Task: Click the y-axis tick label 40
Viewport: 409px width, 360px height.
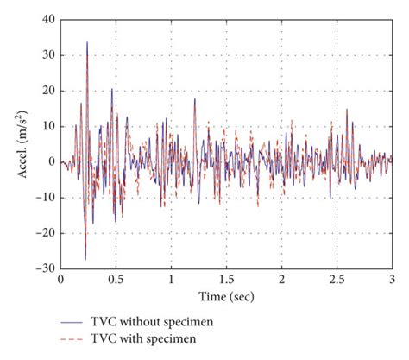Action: [x=47, y=19]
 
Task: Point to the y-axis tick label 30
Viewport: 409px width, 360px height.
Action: [x=47, y=54]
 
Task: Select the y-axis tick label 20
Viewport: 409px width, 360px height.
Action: [x=47, y=91]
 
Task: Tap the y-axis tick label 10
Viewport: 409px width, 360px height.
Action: [x=47, y=126]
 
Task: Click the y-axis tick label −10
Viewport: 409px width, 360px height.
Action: [x=45, y=198]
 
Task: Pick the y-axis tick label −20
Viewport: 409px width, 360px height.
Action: [x=45, y=233]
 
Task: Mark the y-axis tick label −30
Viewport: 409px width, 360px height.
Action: [x=45, y=268]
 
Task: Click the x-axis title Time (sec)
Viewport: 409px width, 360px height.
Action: [x=226, y=295]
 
